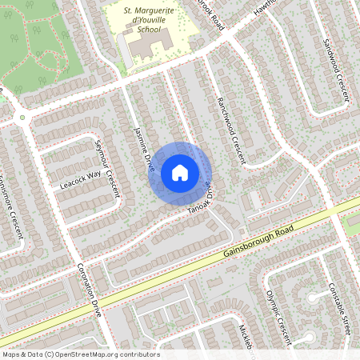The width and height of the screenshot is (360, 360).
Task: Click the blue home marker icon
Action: coord(179,172)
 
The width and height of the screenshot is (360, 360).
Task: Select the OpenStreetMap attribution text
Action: coord(81,354)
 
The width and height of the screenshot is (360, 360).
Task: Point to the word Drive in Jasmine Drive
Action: coord(148,159)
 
